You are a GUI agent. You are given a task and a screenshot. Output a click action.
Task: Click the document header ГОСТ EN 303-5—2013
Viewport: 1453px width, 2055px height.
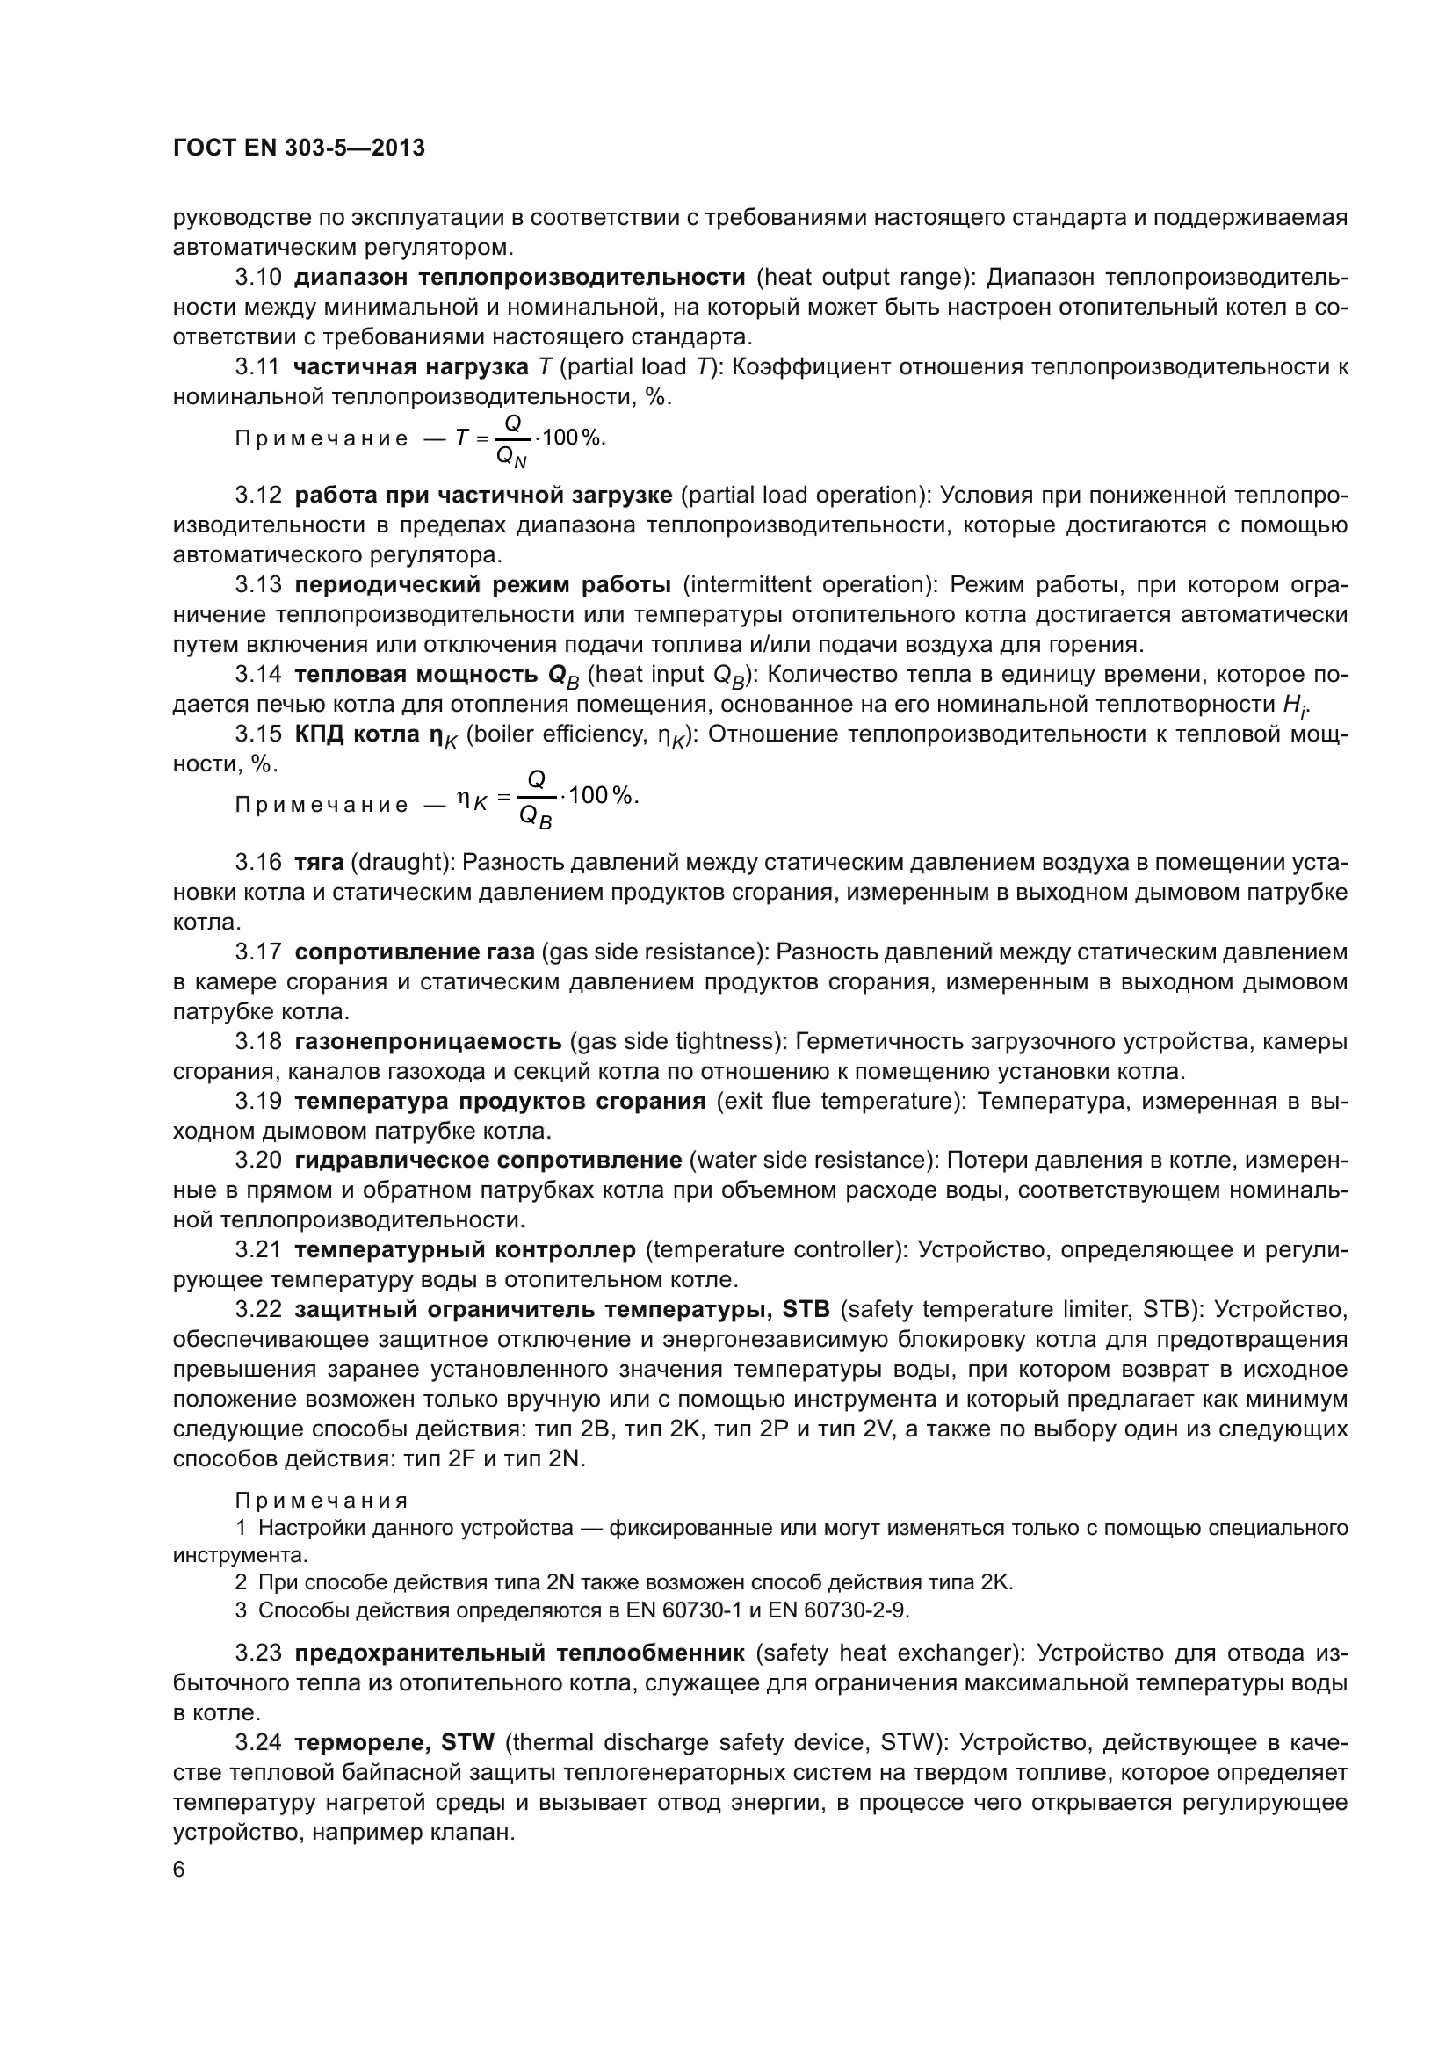298,148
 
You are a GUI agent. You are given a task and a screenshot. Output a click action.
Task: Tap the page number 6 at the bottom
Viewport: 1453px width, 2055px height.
179,1870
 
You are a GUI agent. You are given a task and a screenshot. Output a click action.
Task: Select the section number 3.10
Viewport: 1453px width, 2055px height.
257,278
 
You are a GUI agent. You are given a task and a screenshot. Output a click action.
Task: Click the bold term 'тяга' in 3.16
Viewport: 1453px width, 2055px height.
319,862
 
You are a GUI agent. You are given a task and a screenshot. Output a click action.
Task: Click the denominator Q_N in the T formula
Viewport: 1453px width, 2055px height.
512,458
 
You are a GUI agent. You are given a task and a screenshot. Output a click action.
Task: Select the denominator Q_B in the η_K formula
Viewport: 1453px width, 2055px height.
536,817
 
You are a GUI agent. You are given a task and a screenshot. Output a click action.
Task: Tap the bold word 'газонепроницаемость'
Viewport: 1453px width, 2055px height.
428,1041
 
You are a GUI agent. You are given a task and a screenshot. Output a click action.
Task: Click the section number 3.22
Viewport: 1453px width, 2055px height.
257,1309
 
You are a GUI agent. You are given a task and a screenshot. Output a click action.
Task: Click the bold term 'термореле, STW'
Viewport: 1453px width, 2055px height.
394,1741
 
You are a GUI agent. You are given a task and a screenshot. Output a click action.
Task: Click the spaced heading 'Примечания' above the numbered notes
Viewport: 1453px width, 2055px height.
322,1500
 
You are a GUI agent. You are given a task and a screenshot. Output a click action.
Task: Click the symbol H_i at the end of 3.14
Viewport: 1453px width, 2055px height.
1293,706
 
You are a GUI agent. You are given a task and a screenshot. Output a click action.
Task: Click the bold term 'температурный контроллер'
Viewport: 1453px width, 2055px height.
465,1249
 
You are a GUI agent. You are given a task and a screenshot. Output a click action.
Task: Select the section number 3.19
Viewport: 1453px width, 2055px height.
257,1101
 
